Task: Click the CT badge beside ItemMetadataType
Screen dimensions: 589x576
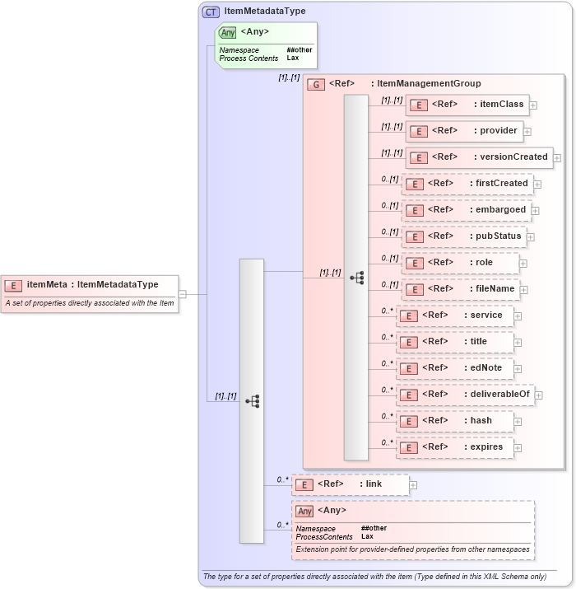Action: [x=211, y=12]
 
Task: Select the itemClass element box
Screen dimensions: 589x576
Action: [x=467, y=105]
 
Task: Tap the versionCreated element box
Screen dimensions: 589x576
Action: [x=478, y=157]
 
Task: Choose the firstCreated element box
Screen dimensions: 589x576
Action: [x=467, y=184]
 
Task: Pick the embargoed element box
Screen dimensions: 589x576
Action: [x=466, y=210]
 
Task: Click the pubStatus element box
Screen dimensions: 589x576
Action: [x=463, y=236]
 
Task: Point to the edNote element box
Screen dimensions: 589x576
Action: [x=455, y=368]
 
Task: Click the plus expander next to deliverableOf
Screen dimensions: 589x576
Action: [x=539, y=395]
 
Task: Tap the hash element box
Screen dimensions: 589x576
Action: [x=455, y=421]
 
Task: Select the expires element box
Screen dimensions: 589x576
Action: [x=455, y=447]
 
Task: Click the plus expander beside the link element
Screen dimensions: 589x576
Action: [x=413, y=485]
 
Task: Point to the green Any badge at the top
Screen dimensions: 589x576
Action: [x=228, y=32]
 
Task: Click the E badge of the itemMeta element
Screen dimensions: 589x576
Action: [x=13, y=285]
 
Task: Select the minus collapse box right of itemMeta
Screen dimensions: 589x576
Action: [x=183, y=294]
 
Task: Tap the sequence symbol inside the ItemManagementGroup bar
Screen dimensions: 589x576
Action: [x=356, y=278]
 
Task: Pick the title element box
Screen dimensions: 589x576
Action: [x=455, y=342]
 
